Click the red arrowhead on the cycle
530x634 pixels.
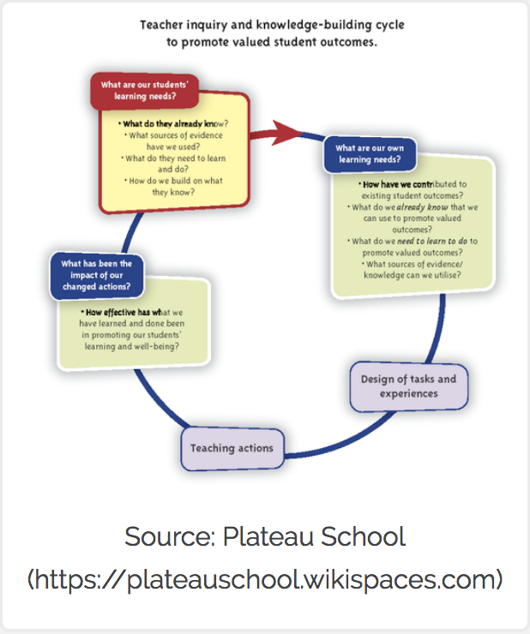tap(289, 131)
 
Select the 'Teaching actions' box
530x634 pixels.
tap(232, 447)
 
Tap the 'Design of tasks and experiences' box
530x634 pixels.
tap(409, 386)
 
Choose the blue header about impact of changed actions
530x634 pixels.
tap(96, 274)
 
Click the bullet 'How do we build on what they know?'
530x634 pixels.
tap(173, 187)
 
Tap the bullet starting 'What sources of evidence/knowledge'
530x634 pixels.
tap(412, 270)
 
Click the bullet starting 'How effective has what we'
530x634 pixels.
tap(133, 327)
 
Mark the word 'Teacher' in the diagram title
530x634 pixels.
tap(163, 25)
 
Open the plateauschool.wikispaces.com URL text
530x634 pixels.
tap(265, 579)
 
